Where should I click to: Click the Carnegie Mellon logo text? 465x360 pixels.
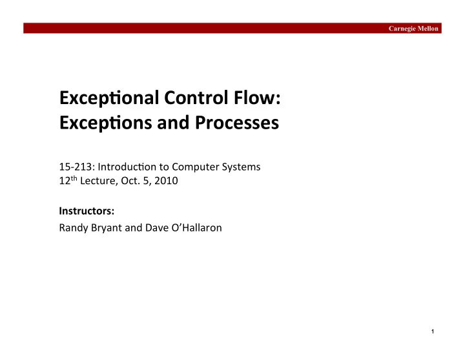click(413, 28)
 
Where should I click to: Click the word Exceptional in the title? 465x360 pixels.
click(109, 98)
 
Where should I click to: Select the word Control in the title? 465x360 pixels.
click(196, 98)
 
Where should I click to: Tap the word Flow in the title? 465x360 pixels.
click(254, 98)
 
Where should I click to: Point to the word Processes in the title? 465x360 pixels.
click(237, 123)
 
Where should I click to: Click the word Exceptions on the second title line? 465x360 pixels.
click(105, 123)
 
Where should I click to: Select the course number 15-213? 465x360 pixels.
click(76, 167)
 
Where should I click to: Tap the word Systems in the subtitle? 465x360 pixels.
click(241, 167)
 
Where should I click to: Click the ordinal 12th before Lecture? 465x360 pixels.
click(68, 180)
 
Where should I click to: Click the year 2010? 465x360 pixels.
click(166, 181)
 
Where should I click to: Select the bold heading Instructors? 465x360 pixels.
click(87, 211)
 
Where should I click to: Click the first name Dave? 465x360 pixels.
click(157, 228)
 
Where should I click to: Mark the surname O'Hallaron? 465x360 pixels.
click(196, 228)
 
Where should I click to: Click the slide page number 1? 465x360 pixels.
click(433, 332)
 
